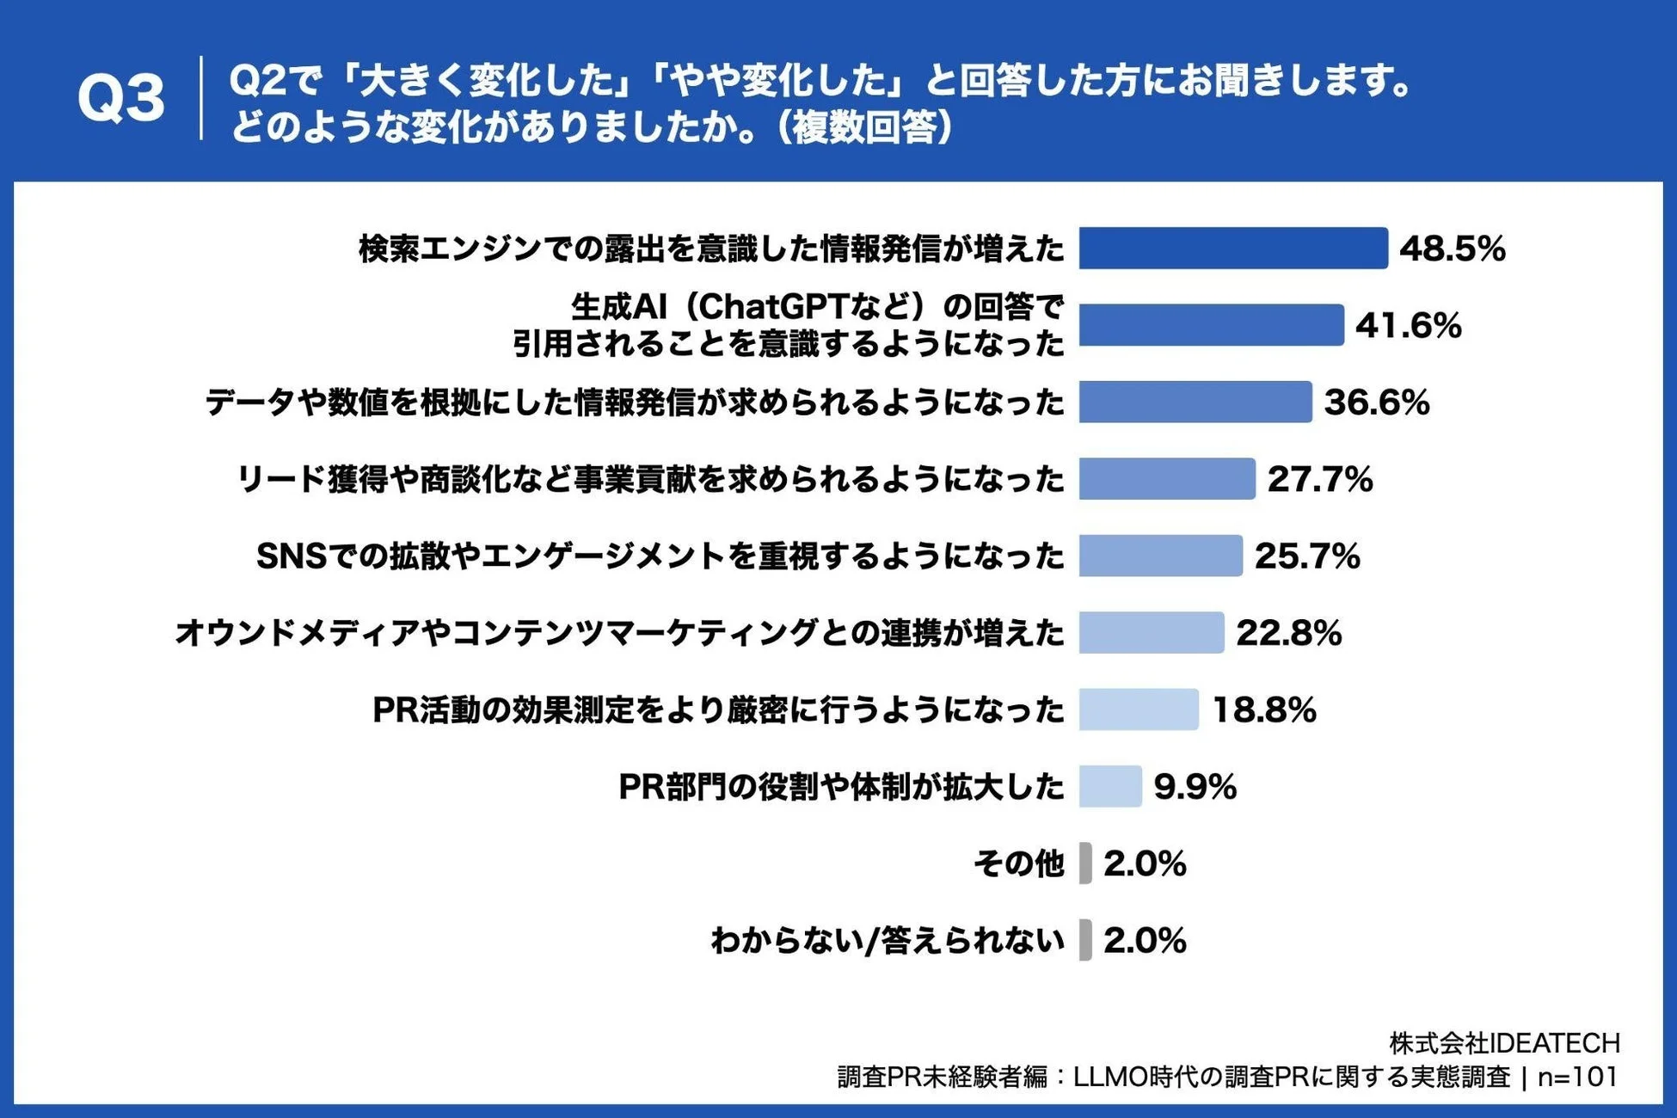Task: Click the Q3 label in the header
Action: click(x=120, y=99)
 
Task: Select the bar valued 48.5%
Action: click(x=1232, y=249)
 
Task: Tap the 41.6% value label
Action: click(x=1408, y=326)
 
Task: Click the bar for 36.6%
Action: click(x=1195, y=402)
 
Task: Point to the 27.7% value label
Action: click(x=1319, y=479)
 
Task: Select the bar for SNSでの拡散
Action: click(x=1160, y=556)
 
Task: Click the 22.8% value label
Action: click(x=1288, y=633)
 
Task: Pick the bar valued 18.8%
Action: click(x=1138, y=709)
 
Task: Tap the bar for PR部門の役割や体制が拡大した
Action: click(x=1109, y=786)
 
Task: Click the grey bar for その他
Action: click(x=1085, y=863)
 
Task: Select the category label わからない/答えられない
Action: click(x=887, y=940)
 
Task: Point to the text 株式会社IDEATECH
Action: click(x=1504, y=1043)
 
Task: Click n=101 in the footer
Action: click(x=1576, y=1077)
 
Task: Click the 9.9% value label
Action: click(x=1195, y=786)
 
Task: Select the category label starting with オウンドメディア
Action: click(x=619, y=633)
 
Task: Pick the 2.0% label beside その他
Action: click(x=1145, y=863)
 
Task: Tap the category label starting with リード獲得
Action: click(x=650, y=479)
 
